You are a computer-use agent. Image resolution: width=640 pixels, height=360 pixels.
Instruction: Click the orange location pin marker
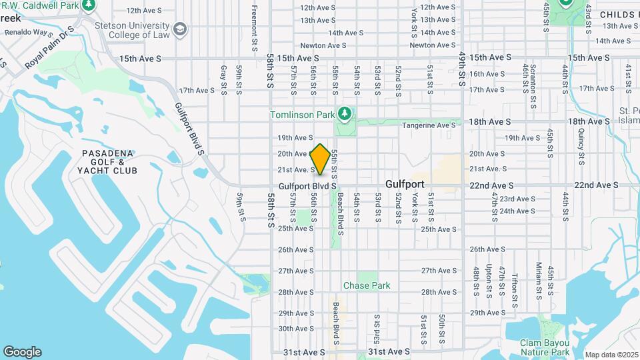(320, 159)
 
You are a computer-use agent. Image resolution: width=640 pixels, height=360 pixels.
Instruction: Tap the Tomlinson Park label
(302, 115)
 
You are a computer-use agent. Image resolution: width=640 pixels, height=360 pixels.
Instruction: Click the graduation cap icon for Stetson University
(179, 29)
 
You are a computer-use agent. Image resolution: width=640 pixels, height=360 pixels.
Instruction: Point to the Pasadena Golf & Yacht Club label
(109, 162)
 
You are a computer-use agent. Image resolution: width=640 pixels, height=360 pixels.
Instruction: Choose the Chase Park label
(367, 285)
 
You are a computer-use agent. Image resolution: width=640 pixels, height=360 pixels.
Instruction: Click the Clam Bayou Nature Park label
(545, 347)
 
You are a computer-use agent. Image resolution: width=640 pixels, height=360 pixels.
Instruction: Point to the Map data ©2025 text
(611, 355)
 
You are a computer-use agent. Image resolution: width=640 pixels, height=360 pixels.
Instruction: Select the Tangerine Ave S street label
(427, 125)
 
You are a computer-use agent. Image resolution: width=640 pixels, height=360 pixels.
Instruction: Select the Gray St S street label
(223, 80)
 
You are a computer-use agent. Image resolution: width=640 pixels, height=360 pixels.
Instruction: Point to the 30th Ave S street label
(295, 329)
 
